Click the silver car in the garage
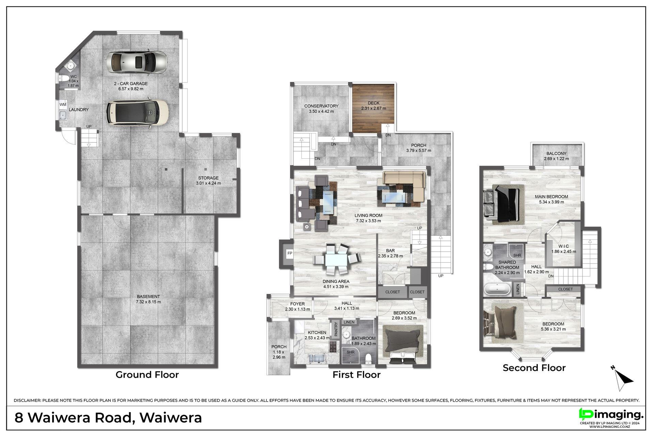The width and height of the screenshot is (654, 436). [x=137, y=62]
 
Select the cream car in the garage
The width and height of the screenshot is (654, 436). [x=138, y=112]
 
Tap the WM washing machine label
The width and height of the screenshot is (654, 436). [x=63, y=104]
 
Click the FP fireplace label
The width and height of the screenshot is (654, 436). [x=290, y=253]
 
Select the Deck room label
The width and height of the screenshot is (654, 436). [x=374, y=103]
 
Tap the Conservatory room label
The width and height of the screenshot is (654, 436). [x=321, y=106]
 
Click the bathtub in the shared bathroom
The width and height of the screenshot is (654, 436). [x=497, y=289]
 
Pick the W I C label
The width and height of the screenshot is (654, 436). [x=564, y=246]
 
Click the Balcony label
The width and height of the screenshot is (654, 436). [x=556, y=154]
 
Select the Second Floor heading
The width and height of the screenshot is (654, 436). [x=534, y=368]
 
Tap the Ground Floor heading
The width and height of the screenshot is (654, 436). [x=147, y=375]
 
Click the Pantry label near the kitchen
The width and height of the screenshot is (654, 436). [x=336, y=329]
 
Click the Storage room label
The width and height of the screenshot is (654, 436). [x=208, y=178]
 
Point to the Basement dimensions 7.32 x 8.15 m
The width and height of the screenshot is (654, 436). [x=148, y=302]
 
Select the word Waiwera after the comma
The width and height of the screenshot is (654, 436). [x=171, y=418]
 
